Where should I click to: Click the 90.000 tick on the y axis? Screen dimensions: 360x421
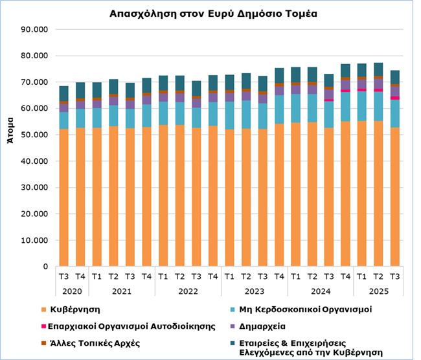[35, 30]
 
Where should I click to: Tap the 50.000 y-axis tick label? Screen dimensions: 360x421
[35, 135]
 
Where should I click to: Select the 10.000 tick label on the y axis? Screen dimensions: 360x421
[35, 240]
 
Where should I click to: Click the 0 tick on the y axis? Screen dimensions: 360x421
[45, 266]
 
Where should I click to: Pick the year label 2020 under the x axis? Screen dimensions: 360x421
[71, 291]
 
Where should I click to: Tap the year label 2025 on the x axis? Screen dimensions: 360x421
[378, 291]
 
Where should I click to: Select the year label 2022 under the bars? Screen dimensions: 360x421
[187, 291]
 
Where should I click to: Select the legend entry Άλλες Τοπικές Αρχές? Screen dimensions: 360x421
[95, 343]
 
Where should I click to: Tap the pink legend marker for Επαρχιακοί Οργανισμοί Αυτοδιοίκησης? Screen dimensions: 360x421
[43, 326]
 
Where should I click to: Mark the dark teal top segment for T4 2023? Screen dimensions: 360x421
[279, 75]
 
